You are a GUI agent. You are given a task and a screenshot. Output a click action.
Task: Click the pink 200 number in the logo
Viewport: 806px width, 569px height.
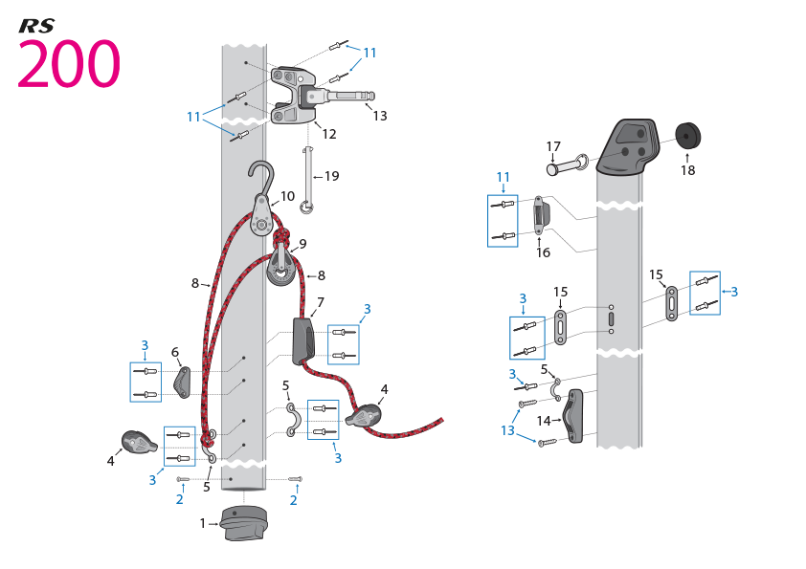click(69, 65)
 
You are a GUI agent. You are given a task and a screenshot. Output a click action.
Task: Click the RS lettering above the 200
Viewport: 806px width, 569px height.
click(36, 26)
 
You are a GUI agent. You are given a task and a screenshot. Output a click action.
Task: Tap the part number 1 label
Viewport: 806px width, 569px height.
click(203, 523)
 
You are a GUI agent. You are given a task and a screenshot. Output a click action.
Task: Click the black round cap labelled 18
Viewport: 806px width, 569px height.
click(689, 137)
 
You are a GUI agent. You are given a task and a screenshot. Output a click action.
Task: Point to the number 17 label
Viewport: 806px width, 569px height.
click(553, 147)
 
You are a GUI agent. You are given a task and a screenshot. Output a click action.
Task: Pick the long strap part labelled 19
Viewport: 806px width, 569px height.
click(307, 177)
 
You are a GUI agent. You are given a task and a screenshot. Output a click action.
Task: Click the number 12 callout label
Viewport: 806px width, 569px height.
click(329, 134)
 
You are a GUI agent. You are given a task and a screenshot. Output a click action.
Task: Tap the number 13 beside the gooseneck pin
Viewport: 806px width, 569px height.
click(380, 116)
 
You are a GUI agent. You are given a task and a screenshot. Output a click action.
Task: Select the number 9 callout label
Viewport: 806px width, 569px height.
click(302, 244)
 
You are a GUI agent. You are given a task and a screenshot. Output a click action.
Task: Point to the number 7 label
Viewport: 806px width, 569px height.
click(321, 302)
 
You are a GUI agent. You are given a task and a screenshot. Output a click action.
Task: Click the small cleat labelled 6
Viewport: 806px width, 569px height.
click(182, 383)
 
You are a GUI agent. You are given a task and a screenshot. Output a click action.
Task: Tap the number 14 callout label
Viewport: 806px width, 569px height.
click(544, 421)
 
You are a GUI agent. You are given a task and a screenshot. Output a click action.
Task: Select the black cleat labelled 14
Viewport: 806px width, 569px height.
click(574, 418)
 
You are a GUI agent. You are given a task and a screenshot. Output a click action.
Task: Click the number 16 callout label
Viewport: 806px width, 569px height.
click(544, 253)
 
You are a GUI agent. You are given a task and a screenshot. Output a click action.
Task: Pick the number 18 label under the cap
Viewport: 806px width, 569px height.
click(688, 170)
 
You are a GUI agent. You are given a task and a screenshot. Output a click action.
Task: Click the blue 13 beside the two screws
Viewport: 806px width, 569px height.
click(507, 430)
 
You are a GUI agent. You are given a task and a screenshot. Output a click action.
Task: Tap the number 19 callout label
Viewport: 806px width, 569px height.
click(332, 176)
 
